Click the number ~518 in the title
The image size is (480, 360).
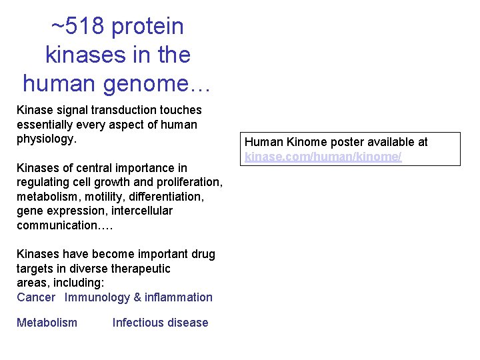pos(78,27)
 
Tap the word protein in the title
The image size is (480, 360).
pos(147,27)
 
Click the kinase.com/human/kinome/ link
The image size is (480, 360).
pos(323,156)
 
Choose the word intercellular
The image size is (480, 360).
pos(141,211)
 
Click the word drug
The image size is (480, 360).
pos(203,254)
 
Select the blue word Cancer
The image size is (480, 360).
pos(36,297)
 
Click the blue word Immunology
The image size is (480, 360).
pos(97,297)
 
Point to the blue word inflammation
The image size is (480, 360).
pos(179,297)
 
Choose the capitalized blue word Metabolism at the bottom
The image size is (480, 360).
pos(47,323)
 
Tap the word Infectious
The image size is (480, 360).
pos(136,323)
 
